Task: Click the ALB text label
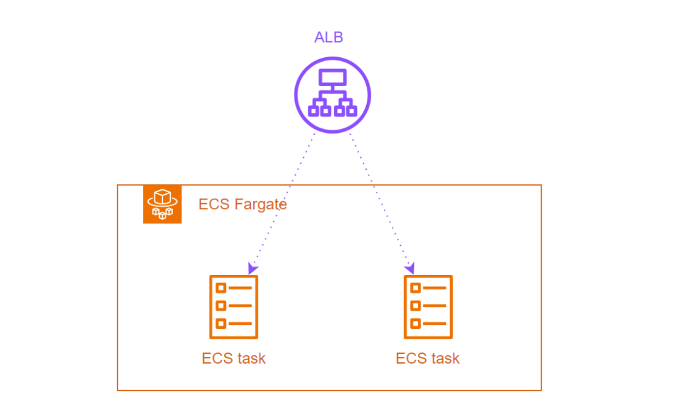329,37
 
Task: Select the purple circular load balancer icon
332,94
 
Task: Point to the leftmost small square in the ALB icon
313,111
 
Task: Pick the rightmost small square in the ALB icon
351,111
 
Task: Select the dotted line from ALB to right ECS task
380,201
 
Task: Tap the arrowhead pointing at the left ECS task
252,269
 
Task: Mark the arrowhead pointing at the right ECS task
410,269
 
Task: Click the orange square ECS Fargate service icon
162,205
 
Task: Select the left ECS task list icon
233,306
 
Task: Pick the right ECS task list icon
428,306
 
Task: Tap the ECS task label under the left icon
233,358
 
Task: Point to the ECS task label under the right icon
428,358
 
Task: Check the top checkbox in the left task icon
221,288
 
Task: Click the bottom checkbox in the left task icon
221,323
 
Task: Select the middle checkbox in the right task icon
415,305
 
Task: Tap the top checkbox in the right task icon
415,288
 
